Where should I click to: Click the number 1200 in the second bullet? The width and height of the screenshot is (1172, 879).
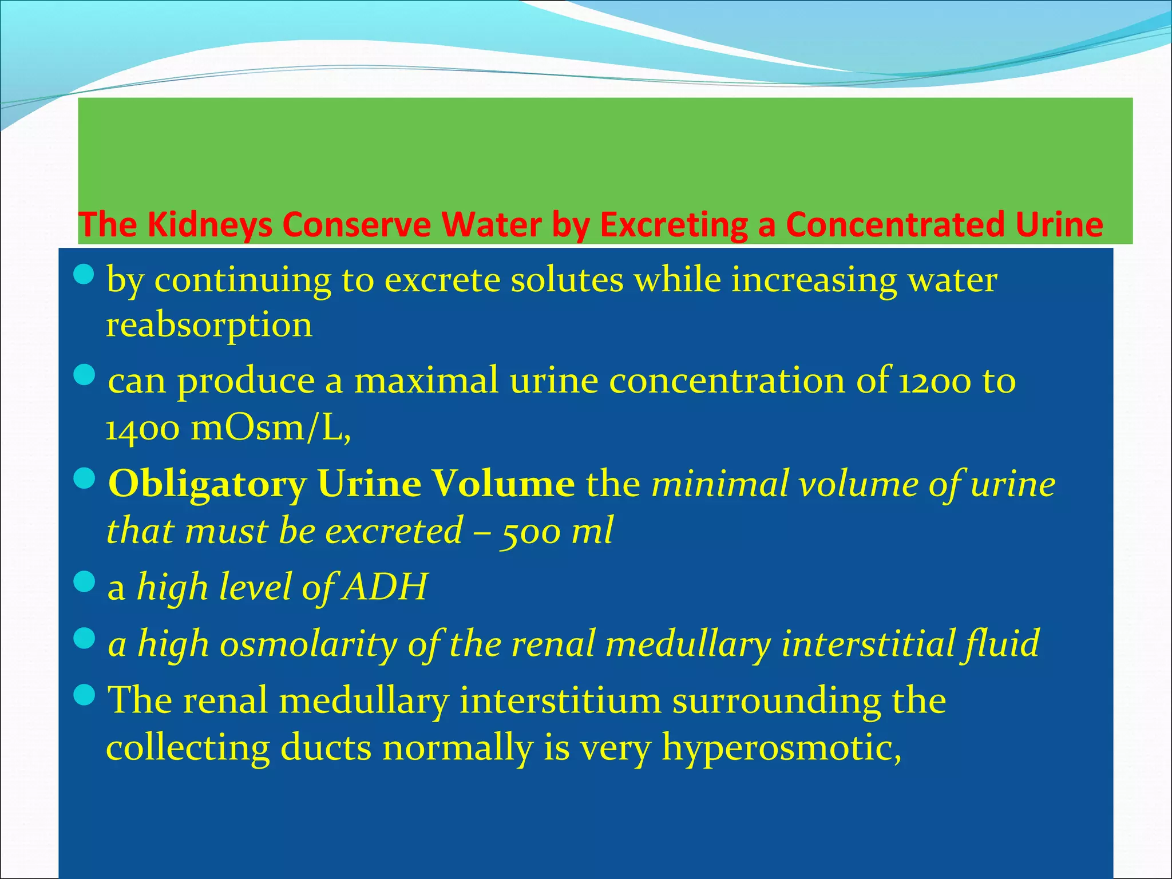(935, 381)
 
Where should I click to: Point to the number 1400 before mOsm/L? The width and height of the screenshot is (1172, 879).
(142, 428)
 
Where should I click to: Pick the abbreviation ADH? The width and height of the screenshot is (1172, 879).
(385, 587)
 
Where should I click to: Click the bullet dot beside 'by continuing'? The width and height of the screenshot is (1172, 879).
(84, 276)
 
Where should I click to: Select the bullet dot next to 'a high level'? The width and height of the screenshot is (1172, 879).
(84, 583)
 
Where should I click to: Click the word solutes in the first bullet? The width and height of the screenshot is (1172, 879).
(567, 280)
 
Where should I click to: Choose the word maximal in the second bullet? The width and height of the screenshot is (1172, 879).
(426, 381)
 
